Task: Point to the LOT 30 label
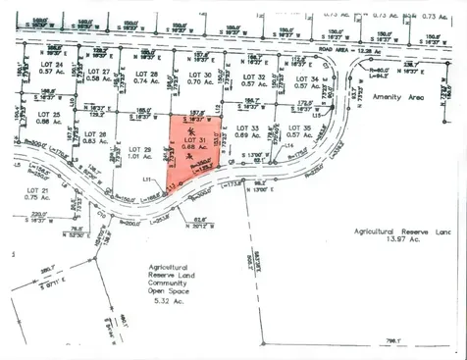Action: (x=199, y=75)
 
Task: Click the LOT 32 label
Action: (x=254, y=77)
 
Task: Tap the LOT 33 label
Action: (x=248, y=128)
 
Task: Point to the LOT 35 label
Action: (x=300, y=129)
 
